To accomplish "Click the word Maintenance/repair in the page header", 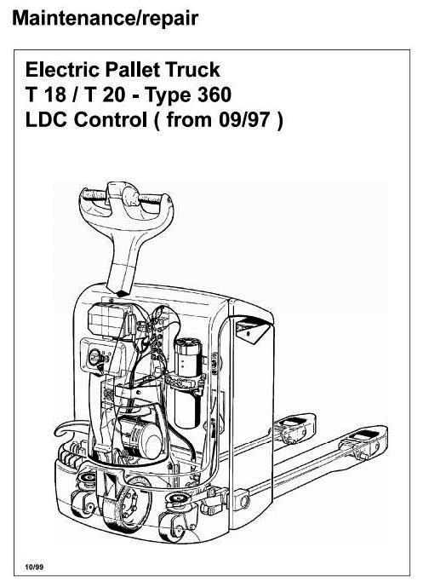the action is [105, 19].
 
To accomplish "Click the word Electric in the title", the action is [62, 70].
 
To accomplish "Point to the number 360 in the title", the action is [214, 95].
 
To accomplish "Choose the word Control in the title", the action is [111, 120].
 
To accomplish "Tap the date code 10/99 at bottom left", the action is [34, 567].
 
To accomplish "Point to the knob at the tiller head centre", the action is [130, 195].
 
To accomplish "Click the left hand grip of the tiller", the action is [94, 195].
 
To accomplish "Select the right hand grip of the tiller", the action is [151, 199].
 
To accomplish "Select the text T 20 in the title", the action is [105, 95].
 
